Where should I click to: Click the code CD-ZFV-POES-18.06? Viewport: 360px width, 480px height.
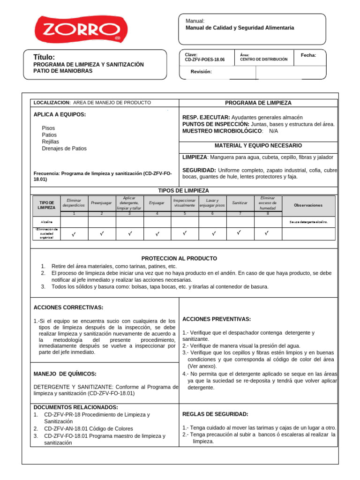205,60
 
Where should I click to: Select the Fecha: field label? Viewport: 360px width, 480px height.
308,55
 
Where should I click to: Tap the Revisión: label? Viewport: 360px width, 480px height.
201,72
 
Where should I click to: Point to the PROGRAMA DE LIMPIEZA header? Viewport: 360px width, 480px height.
258,103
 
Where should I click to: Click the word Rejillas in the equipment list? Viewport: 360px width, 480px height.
51,142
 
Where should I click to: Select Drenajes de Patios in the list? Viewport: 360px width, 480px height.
64,149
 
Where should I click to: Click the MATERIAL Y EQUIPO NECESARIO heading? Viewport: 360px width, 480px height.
258,146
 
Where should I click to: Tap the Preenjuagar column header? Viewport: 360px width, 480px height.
102,203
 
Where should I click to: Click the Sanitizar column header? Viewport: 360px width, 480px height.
240,203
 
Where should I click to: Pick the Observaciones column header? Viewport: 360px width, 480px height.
308,205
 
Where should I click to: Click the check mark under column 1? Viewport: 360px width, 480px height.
74,233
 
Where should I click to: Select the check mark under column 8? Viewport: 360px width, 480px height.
267,233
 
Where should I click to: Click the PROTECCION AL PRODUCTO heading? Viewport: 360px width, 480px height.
179,258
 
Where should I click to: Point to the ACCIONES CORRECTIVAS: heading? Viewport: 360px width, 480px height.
68,307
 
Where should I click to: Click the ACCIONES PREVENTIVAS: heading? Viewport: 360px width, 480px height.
216,319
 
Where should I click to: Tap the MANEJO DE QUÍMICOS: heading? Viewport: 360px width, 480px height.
65,374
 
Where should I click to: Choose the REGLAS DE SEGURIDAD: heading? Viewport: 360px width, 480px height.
215,414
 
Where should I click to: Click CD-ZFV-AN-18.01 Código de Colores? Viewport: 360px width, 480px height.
88,428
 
